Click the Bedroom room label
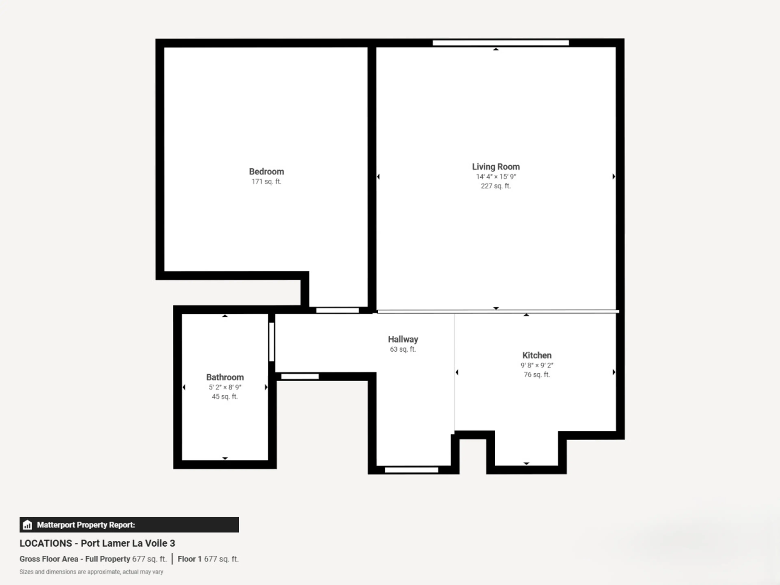pyautogui.click(x=266, y=172)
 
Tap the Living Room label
pyautogui.click(x=496, y=167)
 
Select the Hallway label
pyautogui.click(x=403, y=339)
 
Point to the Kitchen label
pyautogui.click(x=537, y=355)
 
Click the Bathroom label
pyautogui.click(x=225, y=377)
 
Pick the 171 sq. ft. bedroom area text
pyautogui.click(x=266, y=182)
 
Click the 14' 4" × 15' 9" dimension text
pyautogui.click(x=496, y=177)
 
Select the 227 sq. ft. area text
pyautogui.click(x=496, y=186)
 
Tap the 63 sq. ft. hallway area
pyautogui.click(x=403, y=349)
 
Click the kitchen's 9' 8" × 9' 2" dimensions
pyautogui.click(x=537, y=365)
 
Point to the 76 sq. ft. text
pyautogui.click(x=537, y=375)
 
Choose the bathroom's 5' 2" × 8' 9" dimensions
pyautogui.click(x=225, y=387)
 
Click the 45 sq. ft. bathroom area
pyautogui.click(x=225, y=396)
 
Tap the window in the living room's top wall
pyautogui.click(x=501, y=43)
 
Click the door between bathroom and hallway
pyautogui.click(x=272, y=342)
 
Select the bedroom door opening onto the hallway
pyautogui.click(x=337, y=310)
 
